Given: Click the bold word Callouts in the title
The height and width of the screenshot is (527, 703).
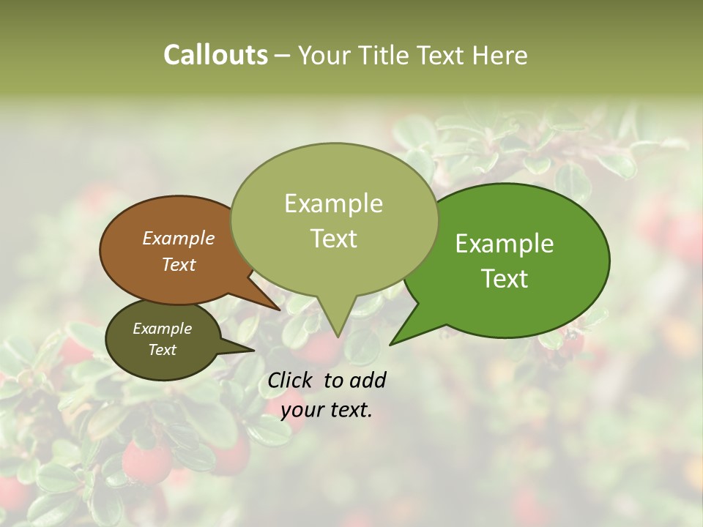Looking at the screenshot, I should (215, 55).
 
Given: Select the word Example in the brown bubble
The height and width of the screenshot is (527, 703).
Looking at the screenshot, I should (178, 239).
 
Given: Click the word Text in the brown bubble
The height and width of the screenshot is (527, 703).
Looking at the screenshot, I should (178, 265).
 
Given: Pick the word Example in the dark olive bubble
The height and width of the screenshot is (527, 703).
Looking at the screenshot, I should (162, 329).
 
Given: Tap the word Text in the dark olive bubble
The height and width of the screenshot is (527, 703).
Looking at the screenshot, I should (162, 350).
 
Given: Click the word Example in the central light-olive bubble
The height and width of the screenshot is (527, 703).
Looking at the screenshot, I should (333, 203).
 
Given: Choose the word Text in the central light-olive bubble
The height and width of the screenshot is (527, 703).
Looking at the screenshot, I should (333, 239).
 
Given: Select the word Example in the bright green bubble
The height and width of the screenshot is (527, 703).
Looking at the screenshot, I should (505, 244).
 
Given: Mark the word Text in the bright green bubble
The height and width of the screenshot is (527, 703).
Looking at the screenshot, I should (505, 278).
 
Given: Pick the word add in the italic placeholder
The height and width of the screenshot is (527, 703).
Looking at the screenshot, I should (369, 380).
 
